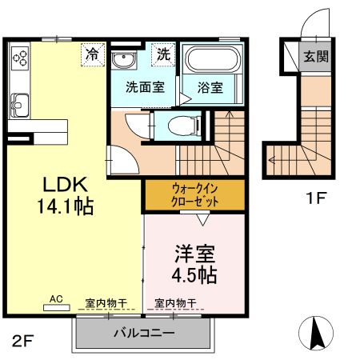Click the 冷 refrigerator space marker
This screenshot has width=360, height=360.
pyautogui.click(x=94, y=55)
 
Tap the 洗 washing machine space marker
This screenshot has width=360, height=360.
pyautogui.click(x=163, y=55)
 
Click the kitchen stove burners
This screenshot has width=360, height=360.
pyautogui.click(x=20, y=58)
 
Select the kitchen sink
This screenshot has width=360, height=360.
pyautogui.click(x=19, y=102)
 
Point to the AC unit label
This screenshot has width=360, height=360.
pyautogui.click(x=56, y=299)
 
